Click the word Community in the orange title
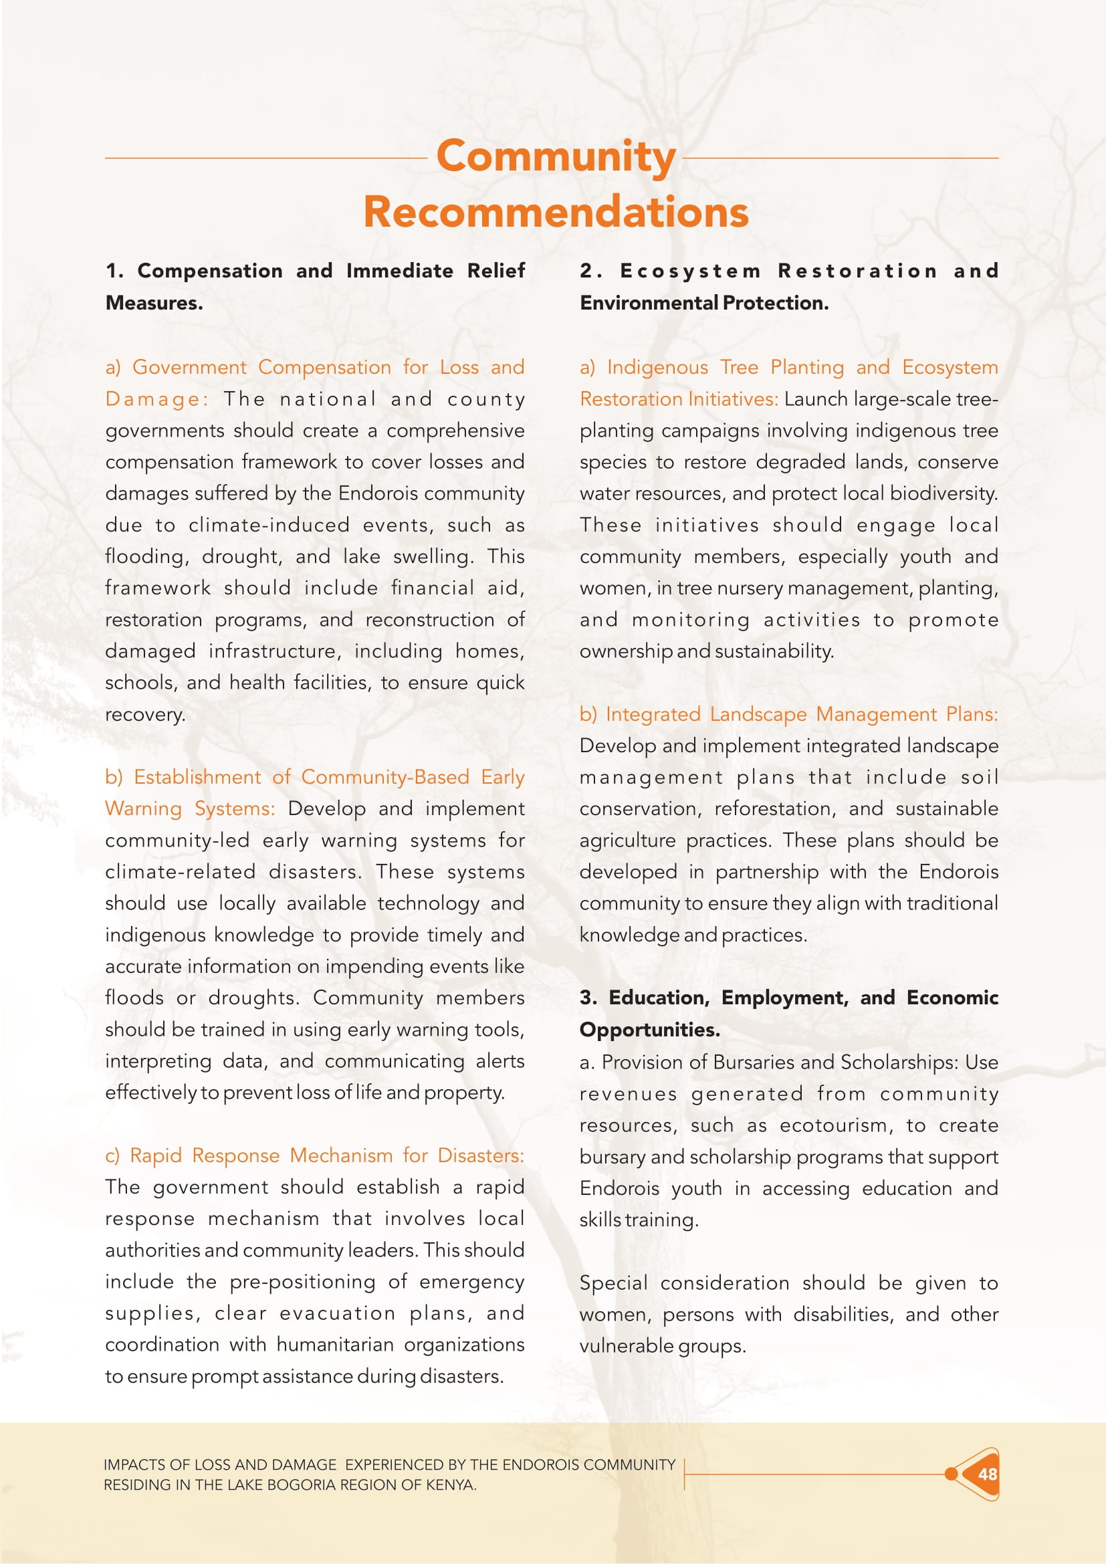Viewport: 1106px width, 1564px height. pos(556,156)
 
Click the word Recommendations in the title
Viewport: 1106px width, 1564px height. pos(556,212)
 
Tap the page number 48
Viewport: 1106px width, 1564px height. pos(987,1474)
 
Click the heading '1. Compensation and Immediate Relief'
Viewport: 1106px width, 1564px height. pos(315,271)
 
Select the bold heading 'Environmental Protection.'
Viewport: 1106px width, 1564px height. pos(704,303)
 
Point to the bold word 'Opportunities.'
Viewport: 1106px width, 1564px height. pos(650,1029)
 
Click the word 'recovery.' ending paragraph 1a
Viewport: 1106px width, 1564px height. pos(145,715)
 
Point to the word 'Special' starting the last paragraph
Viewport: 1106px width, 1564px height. pos(614,1282)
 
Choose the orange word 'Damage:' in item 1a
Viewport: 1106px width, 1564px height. pos(156,399)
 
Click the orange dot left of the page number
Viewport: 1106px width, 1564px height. pos(951,1474)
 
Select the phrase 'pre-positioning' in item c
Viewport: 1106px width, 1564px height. pos(302,1281)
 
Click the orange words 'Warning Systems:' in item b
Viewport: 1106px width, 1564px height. pos(190,808)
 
